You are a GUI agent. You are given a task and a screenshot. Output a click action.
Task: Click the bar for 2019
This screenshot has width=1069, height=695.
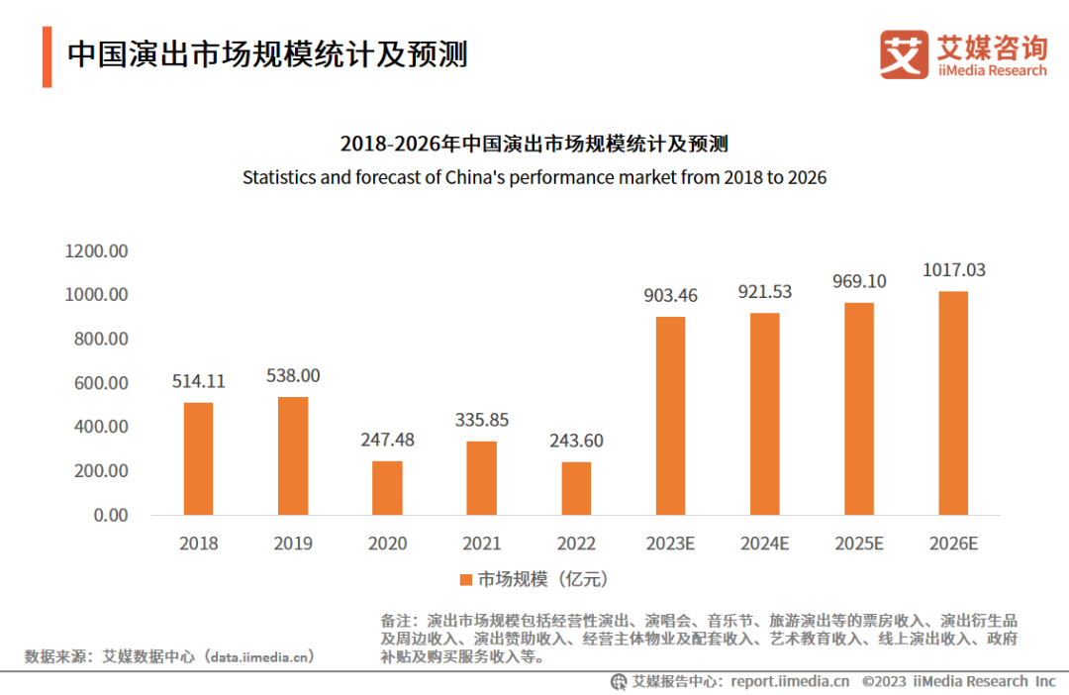pos(293,455)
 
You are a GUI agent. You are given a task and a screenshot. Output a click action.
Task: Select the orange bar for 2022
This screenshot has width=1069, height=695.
pos(576,488)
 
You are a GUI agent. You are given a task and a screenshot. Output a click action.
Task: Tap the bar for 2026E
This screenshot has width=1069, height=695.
pos(954,403)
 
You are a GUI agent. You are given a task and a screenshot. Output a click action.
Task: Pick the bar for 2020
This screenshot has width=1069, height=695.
pos(387,487)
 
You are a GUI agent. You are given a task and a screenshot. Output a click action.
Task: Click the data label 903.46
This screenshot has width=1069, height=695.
pos(671,295)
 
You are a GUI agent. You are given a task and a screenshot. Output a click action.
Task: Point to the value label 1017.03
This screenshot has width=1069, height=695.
pos(954,269)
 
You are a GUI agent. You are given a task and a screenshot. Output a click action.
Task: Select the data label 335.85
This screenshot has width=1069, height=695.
pos(481,420)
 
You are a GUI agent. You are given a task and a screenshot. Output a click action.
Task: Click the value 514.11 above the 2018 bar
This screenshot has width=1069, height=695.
pos(198,380)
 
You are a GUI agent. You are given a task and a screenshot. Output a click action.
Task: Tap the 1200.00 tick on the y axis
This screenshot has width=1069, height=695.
pos(96,251)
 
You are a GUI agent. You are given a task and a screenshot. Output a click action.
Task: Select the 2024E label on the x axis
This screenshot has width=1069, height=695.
pos(765,544)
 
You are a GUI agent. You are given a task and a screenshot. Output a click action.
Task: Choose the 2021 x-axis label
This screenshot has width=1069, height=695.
pos(481,544)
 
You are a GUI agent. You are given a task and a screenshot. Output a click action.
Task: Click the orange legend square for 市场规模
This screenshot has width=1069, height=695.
pos(466,579)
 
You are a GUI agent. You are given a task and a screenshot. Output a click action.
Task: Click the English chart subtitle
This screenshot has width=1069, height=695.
pos(534,178)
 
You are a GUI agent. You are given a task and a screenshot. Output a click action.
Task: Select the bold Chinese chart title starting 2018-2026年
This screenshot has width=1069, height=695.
pos(534,145)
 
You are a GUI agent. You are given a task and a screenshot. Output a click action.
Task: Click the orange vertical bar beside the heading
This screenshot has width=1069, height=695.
pos(47,56)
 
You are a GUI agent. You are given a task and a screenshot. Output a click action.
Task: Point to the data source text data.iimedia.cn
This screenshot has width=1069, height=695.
pos(259,655)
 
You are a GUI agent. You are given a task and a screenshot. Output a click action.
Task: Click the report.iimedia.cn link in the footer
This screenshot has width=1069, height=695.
pos(790,681)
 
